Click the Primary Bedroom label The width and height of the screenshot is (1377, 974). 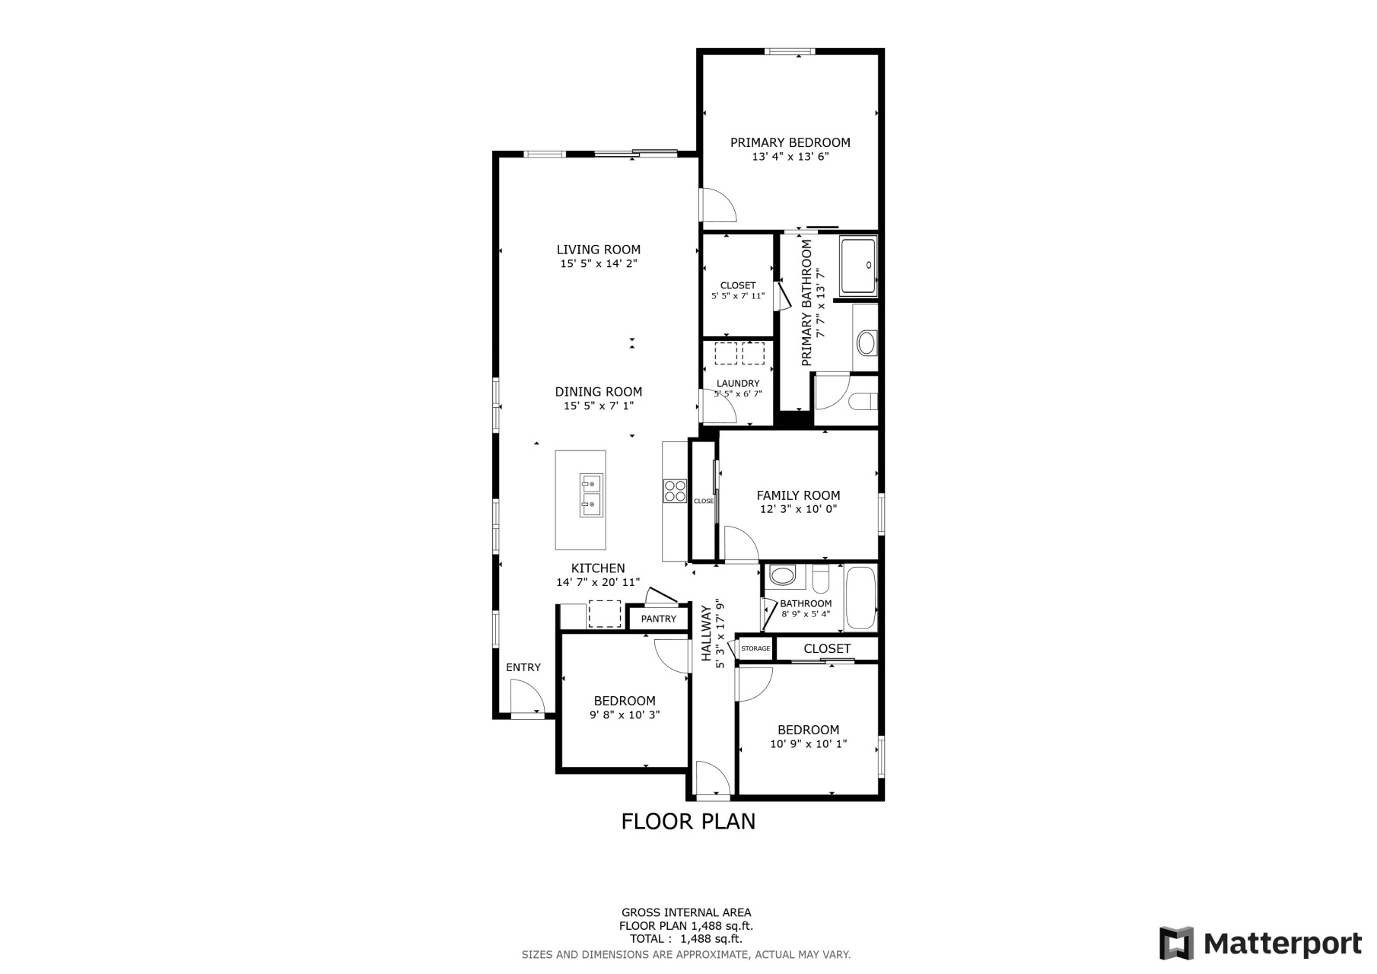[x=790, y=142]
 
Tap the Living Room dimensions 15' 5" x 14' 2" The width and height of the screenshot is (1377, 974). [x=598, y=264]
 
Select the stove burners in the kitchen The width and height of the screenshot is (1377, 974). [x=675, y=490]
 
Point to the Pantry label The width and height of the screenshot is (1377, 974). [x=658, y=619]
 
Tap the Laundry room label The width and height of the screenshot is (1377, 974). [x=737, y=384]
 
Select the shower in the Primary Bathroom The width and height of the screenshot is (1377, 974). [x=858, y=266]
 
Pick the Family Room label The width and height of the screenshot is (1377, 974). [x=798, y=495]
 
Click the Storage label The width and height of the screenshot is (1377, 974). [x=755, y=648]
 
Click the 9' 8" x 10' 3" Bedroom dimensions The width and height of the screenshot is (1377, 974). [x=624, y=715]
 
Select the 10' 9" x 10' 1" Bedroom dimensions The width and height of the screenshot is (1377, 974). [x=808, y=744]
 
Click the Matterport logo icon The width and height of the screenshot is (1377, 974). [x=1176, y=943]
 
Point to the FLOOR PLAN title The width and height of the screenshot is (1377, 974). [x=688, y=822]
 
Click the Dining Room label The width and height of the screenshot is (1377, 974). [x=598, y=392]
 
